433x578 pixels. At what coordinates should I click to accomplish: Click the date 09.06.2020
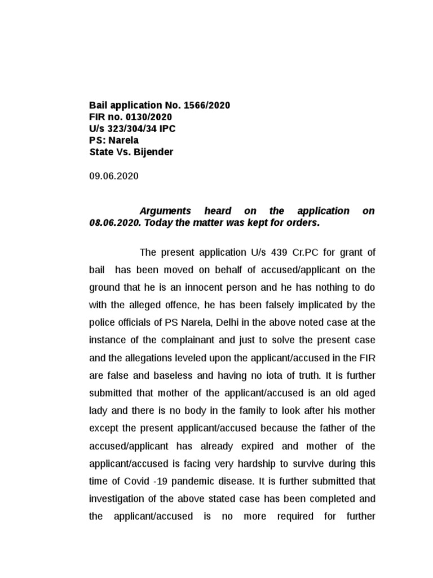coord(113,176)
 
